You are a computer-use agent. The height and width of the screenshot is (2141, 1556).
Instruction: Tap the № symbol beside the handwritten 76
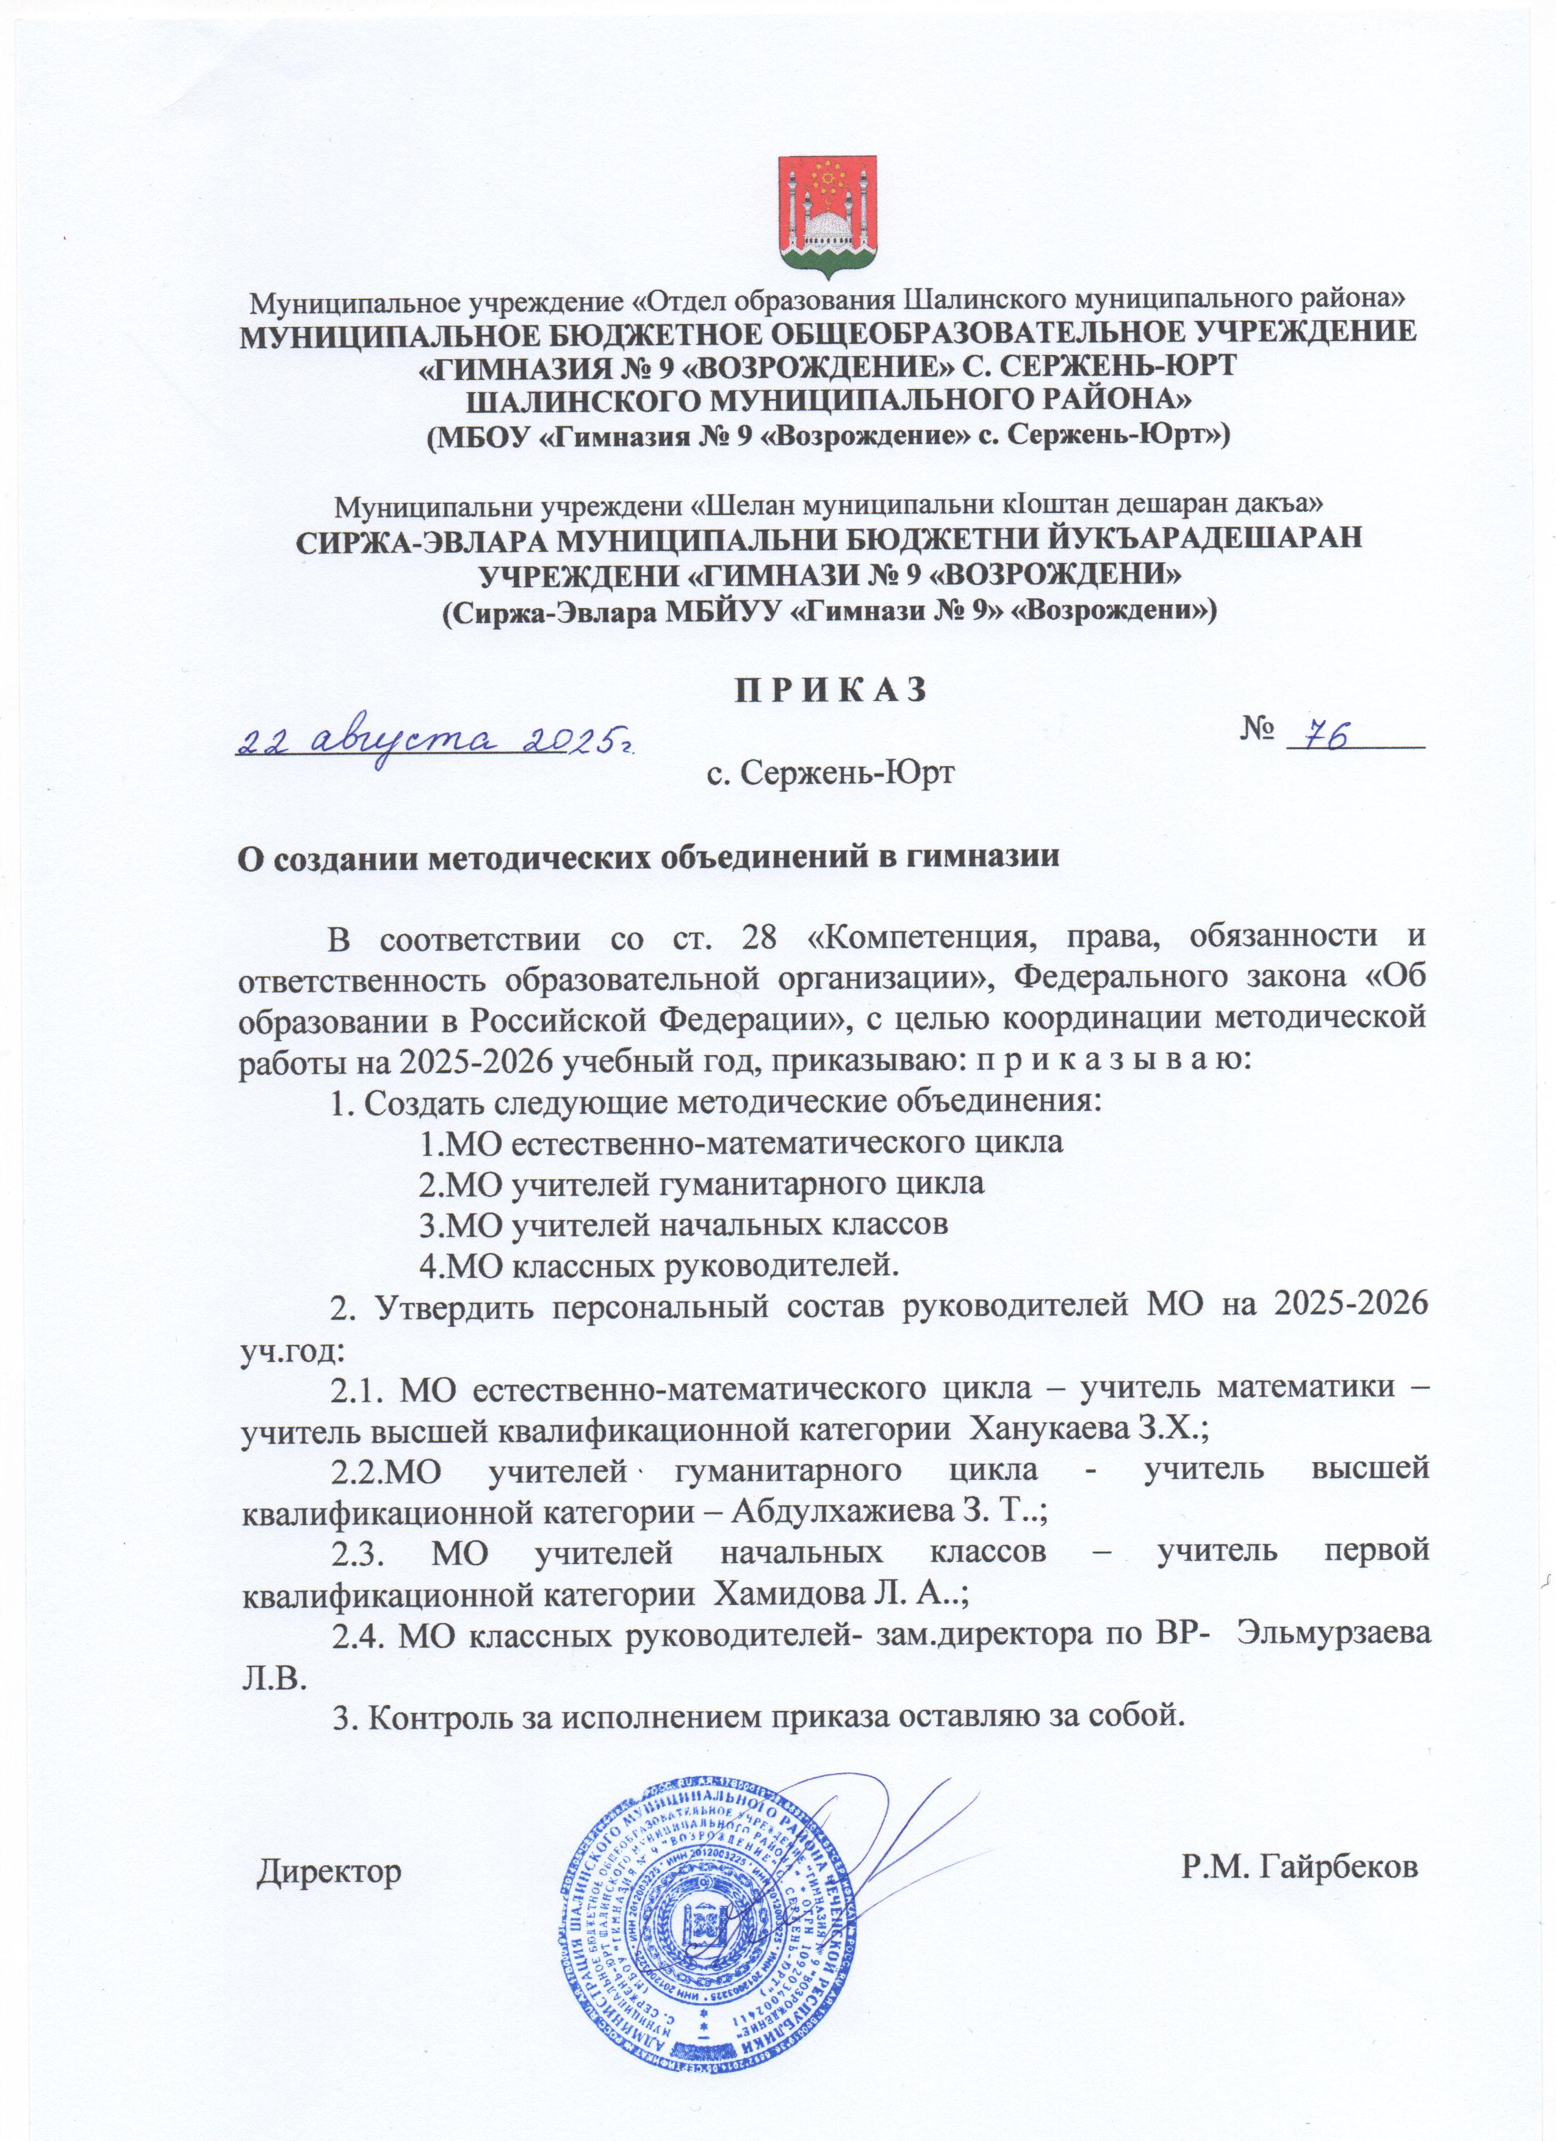(1256, 729)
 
